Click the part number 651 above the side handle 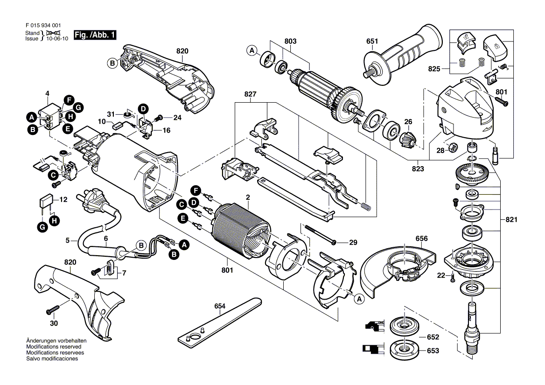tap(372, 42)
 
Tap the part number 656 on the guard tap(422, 239)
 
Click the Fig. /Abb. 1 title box tap(95, 35)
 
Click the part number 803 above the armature tap(291, 42)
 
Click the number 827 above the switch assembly tap(250, 94)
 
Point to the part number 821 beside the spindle tap(511, 220)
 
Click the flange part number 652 tap(433, 337)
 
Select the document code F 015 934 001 tap(43, 25)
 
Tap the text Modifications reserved tap(54, 347)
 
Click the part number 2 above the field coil tap(248, 197)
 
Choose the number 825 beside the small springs tap(434, 69)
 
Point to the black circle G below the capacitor tap(42, 228)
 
